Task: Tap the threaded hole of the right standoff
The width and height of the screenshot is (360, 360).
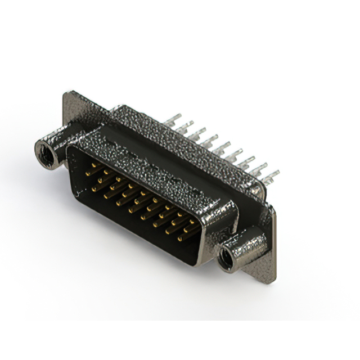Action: [228, 259]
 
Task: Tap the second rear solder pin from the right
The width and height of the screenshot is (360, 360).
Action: [260, 168]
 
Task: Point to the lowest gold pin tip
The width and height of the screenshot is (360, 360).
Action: [181, 239]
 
